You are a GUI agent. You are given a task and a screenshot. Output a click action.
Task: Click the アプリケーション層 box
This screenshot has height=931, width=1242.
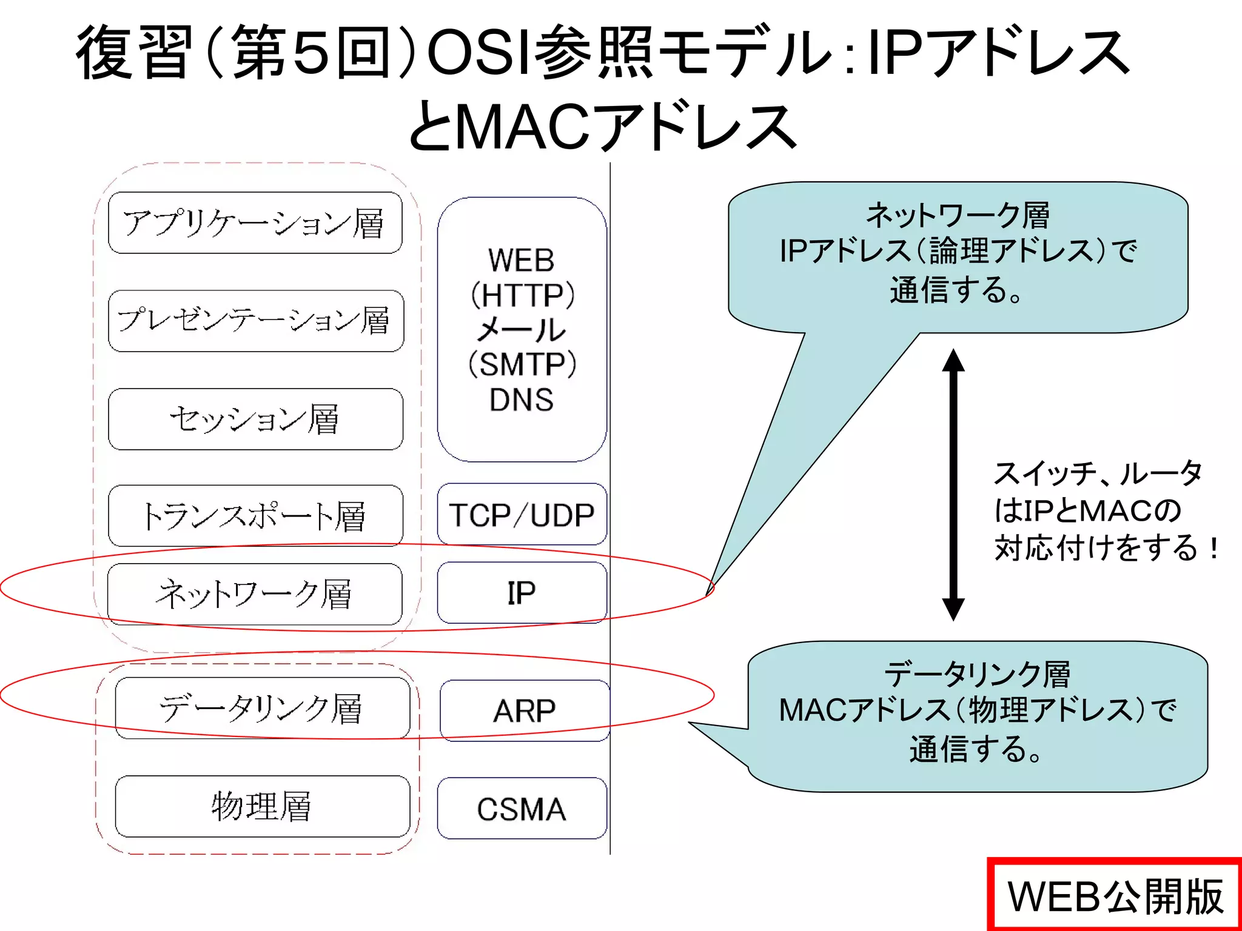tap(255, 222)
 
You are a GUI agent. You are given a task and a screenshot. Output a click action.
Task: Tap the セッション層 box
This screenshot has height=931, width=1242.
tap(255, 419)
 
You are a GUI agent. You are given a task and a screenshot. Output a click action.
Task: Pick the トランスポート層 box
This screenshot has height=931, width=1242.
tap(255, 516)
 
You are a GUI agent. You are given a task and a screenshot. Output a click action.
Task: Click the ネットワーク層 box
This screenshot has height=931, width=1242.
tap(255, 594)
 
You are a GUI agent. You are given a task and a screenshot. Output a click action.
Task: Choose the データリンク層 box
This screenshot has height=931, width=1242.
tap(262, 708)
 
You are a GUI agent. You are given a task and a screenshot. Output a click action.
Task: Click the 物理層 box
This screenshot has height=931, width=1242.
tap(262, 806)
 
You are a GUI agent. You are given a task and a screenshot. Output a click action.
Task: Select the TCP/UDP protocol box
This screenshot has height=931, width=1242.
tap(522, 515)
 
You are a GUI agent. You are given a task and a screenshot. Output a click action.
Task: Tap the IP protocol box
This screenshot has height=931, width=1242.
tap(522, 593)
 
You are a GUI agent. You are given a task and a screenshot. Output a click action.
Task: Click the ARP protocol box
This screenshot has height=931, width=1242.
tap(525, 710)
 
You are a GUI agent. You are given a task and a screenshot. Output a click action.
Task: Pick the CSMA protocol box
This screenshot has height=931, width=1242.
tap(522, 809)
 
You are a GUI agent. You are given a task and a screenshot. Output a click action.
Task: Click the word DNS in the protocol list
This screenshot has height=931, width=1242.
tap(522, 400)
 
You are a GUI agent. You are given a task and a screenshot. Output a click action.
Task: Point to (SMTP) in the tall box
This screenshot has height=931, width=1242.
tap(522, 365)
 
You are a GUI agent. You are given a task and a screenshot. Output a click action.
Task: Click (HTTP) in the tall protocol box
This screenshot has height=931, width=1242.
tap(522, 296)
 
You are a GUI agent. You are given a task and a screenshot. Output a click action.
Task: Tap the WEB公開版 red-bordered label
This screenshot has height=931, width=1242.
tap(1115, 896)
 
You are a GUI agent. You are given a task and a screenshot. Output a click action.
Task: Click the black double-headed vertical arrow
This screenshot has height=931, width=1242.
tap(953, 485)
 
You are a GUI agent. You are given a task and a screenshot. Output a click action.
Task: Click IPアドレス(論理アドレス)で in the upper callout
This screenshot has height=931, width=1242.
tap(958, 251)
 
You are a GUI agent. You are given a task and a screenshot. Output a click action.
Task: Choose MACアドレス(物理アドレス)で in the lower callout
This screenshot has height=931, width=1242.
tap(978, 710)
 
